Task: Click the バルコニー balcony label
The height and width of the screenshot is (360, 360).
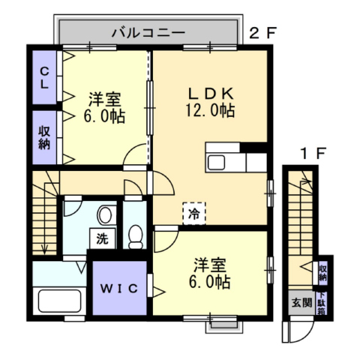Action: tap(148, 32)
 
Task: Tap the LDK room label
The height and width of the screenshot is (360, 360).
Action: tap(211, 94)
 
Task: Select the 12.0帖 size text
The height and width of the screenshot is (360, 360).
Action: tap(210, 110)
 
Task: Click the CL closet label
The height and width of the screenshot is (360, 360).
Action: tap(44, 78)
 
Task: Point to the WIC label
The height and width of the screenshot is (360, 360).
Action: tap(119, 289)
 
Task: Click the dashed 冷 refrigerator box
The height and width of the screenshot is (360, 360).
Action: tap(194, 213)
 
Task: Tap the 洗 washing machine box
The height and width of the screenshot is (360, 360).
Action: tap(103, 238)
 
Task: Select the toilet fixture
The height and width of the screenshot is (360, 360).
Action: tap(135, 236)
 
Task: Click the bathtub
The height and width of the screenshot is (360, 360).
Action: tap(59, 301)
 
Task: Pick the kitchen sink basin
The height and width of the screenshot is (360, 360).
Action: tap(217, 163)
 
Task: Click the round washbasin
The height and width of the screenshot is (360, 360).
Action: tap(105, 214)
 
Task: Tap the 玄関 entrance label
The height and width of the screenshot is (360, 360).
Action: tap(301, 303)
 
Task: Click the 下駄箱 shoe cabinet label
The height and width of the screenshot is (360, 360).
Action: tap(321, 303)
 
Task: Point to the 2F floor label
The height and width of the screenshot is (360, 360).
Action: tap(263, 33)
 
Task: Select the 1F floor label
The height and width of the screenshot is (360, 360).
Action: tap(313, 153)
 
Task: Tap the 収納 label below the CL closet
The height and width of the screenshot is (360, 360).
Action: tap(44, 138)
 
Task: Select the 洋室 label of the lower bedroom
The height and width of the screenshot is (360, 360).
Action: tap(210, 265)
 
